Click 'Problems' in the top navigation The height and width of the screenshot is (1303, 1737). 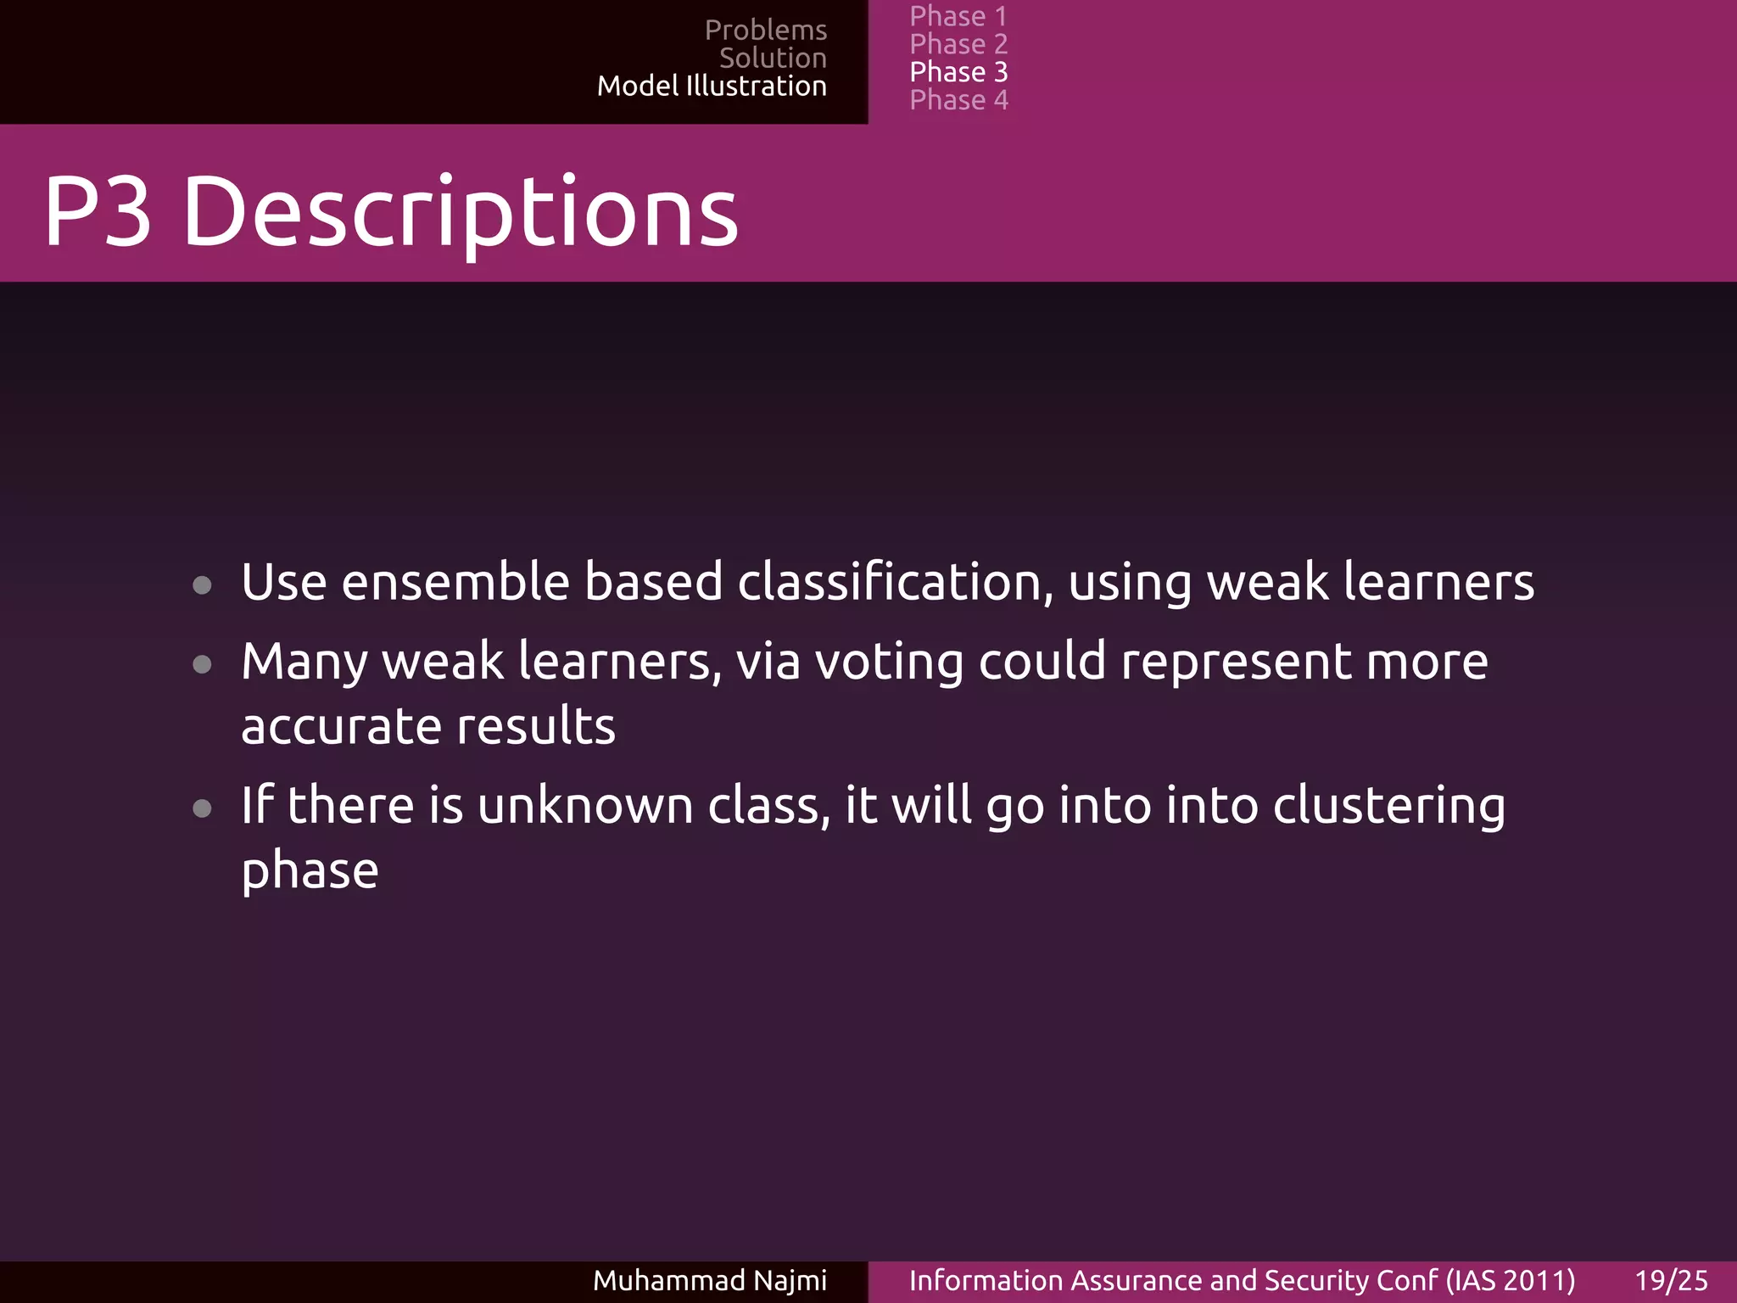pos(765,31)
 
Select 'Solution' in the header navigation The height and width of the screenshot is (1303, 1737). pos(773,59)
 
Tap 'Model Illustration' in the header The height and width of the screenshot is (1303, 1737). pos(712,87)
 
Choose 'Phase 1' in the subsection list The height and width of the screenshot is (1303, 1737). pos(958,16)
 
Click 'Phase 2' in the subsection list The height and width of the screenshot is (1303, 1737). pos(958,44)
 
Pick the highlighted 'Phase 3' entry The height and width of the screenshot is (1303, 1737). pos(958,72)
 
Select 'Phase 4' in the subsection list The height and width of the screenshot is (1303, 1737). pos(958,100)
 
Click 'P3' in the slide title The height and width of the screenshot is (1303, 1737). pos(98,211)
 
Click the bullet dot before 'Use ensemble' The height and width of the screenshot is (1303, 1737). pos(202,584)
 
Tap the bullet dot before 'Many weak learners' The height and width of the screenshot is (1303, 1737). pos(202,663)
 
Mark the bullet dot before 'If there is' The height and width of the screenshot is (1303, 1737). pos(202,808)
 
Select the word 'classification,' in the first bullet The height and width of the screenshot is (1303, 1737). pos(895,583)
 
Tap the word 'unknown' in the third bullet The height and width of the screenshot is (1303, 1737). pos(585,806)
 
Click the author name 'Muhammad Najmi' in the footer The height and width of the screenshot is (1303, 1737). pos(709,1280)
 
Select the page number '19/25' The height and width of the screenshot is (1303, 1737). pos(1671,1280)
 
